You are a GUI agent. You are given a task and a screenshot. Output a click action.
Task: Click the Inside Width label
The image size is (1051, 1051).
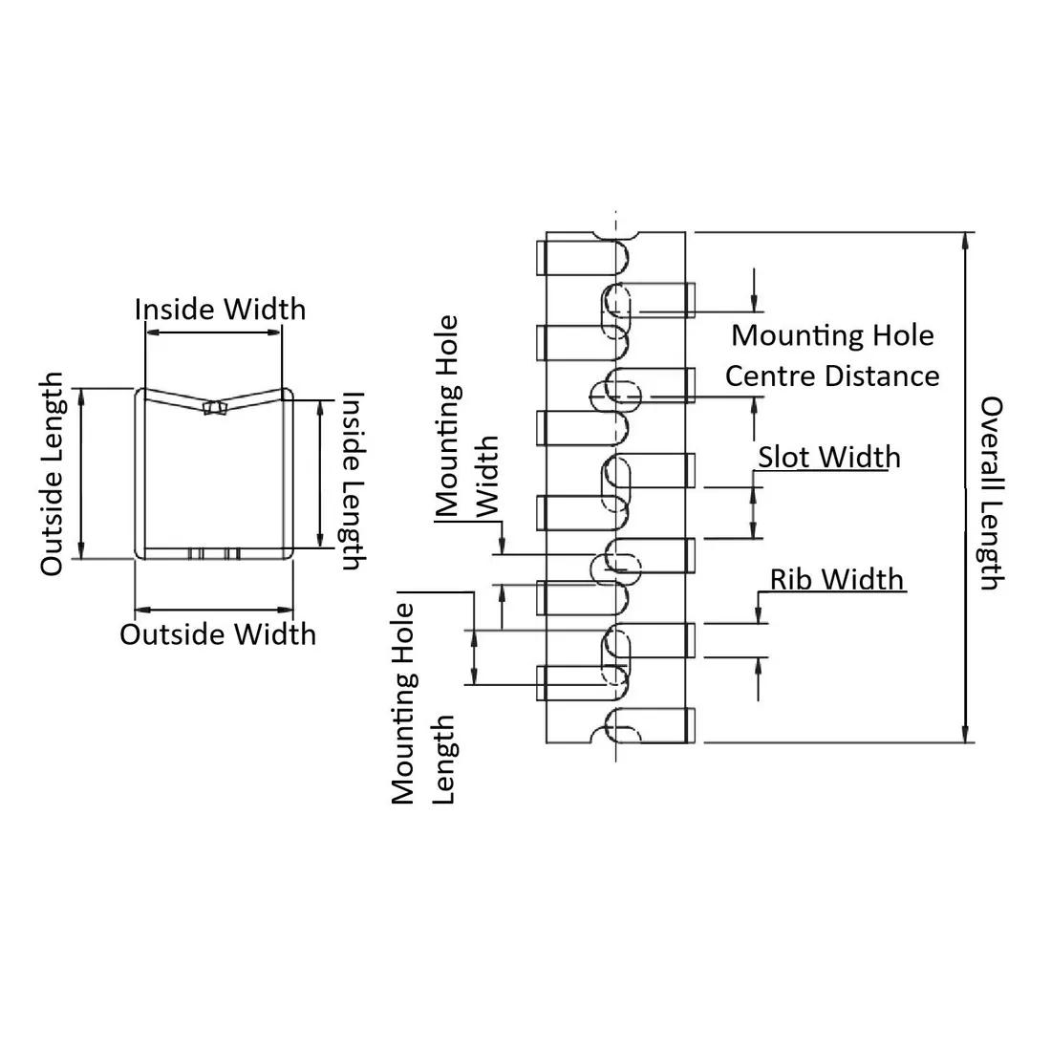click(220, 309)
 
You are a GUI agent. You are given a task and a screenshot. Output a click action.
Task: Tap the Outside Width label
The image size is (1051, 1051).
click(218, 634)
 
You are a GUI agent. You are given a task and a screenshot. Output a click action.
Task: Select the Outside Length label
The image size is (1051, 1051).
click(53, 474)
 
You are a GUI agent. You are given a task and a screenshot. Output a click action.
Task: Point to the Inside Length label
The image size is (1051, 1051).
click(351, 481)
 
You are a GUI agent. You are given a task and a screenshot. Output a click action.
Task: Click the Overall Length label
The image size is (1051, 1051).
click(990, 493)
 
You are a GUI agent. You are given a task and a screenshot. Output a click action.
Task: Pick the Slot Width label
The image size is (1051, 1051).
click(829, 457)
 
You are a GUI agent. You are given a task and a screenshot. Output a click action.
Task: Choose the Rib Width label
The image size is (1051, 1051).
click(837, 579)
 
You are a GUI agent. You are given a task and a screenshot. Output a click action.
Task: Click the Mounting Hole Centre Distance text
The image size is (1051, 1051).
click(832, 355)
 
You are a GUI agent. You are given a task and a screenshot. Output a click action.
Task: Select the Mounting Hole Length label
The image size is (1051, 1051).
click(423, 704)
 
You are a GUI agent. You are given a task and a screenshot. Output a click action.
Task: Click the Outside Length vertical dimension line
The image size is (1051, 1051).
click(80, 474)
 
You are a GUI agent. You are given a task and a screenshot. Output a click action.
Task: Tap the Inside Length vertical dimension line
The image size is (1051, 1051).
click(319, 474)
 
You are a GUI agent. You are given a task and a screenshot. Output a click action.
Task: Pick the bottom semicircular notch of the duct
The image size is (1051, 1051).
click(616, 738)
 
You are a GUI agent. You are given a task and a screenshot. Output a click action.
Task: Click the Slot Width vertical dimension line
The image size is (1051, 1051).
click(754, 512)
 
